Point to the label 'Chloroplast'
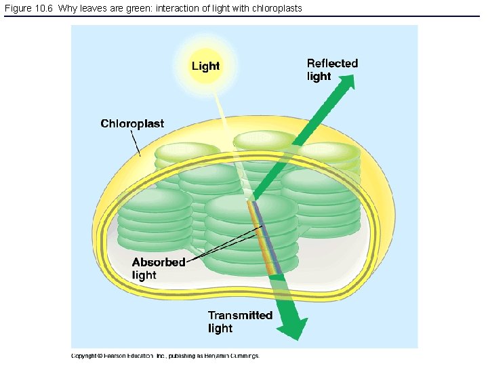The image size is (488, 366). pyautogui.click(x=132, y=123)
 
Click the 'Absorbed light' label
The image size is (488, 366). pyautogui.click(x=158, y=268)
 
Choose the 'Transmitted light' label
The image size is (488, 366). pyautogui.click(x=240, y=322)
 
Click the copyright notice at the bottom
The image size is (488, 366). pyautogui.click(x=165, y=356)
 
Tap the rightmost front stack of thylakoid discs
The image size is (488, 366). pyautogui.click(x=321, y=200)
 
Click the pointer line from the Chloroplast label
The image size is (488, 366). pyautogui.click(x=137, y=143)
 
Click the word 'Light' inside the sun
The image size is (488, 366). pyautogui.click(x=205, y=66)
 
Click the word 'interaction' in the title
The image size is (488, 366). pyautogui.click(x=171, y=8)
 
